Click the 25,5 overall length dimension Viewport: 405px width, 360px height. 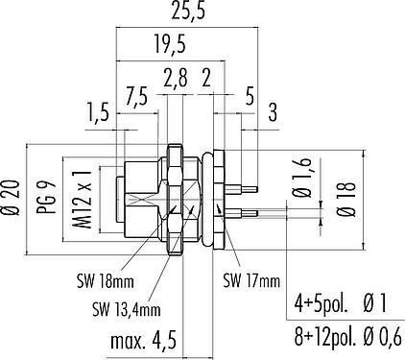[187, 12]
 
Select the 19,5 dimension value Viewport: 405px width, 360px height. [170, 44]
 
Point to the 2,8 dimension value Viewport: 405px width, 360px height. [176, 77]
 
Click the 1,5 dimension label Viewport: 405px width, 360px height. [99, 112]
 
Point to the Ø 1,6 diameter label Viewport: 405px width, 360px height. [302, 180]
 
